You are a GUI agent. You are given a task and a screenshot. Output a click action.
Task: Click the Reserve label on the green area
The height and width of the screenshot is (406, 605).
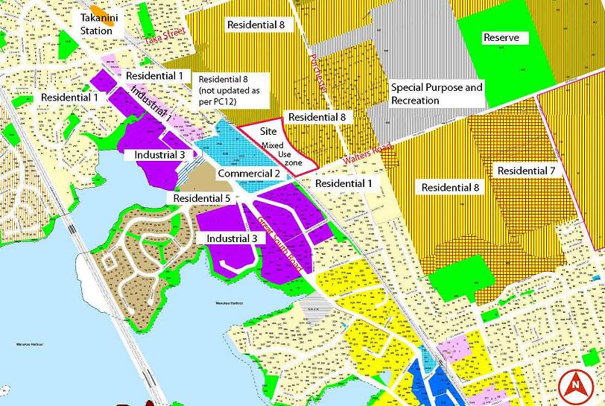tap(501, 38)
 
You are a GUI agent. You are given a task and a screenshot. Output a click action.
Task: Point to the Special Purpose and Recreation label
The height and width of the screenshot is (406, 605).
tap(437, 94)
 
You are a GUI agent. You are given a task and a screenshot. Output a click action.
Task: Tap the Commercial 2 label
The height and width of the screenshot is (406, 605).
tap(249, 174)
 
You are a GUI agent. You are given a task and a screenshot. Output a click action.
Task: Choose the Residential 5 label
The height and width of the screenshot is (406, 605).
tap(202, 199)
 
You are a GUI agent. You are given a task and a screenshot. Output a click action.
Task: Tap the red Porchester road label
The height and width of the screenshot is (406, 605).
tap(321, 74)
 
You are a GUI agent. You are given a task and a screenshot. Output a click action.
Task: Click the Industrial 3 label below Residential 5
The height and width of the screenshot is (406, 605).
tap(232, 238)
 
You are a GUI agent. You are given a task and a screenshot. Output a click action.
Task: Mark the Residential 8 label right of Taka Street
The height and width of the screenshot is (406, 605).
tap(256, 25)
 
